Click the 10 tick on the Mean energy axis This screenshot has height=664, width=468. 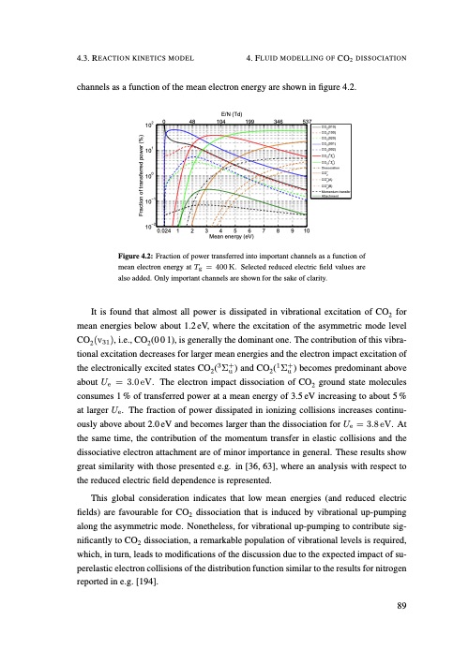(x=306, y=230)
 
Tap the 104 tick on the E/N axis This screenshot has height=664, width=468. (x=221, y=122)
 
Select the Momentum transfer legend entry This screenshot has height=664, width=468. (x=335, y=191)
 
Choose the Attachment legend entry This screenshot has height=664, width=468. (x=331, y=197)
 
